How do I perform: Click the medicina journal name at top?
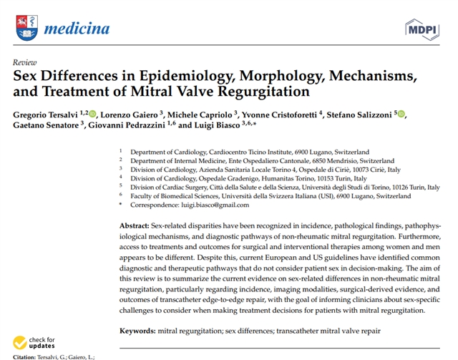[x=77, y=29]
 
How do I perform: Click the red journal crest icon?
[x=26, y=28]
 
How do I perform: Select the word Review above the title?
[x=25, y=62]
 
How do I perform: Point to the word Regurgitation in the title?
[x=263, y=92]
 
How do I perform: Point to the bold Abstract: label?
[x=135, y=226]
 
